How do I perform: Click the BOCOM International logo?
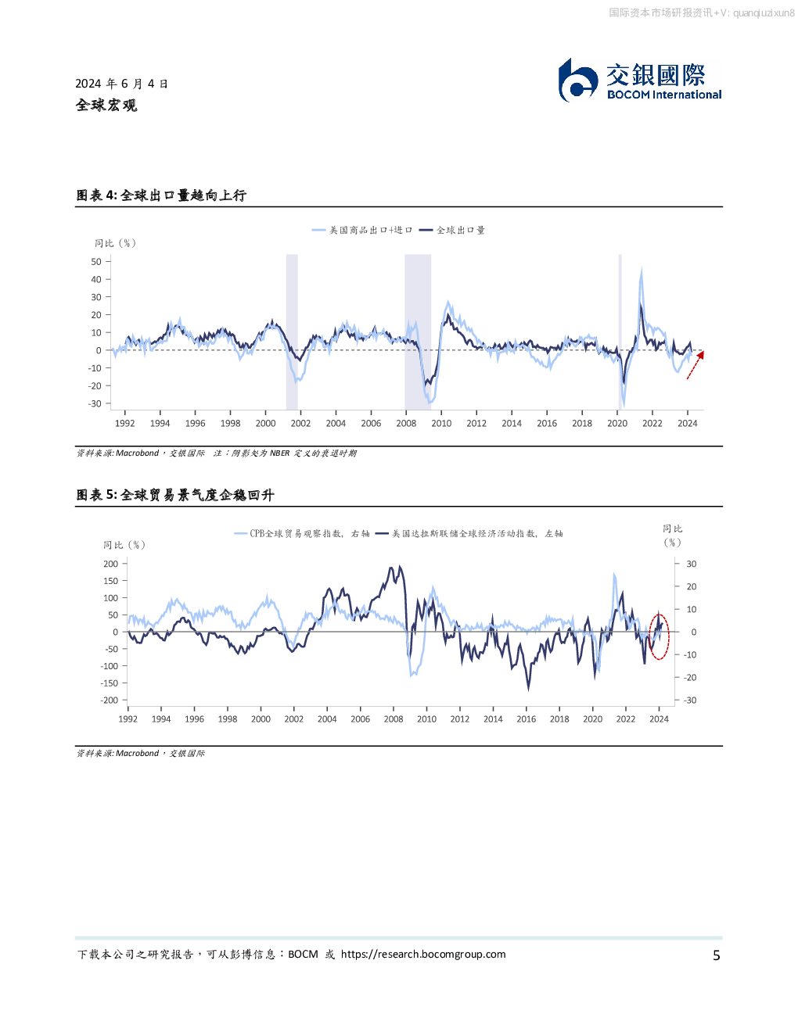coord(639,80)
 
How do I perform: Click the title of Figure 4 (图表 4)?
coord(161,195)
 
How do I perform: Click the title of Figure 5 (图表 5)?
coord(175,495)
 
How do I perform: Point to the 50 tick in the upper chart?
coord(96,262)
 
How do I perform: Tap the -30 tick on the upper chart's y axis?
coord(95,403)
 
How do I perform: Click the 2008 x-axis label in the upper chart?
coord(406,424)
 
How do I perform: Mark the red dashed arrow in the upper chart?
coord(695,365)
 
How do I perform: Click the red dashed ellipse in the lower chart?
coord(659,636)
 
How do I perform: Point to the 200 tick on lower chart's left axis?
coord(110,564)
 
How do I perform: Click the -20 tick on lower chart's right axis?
coord(690,678)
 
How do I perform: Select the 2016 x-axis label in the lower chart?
coord(527,719)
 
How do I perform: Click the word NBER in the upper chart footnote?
coord(279,453)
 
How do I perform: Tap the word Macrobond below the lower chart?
coord(137,754)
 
